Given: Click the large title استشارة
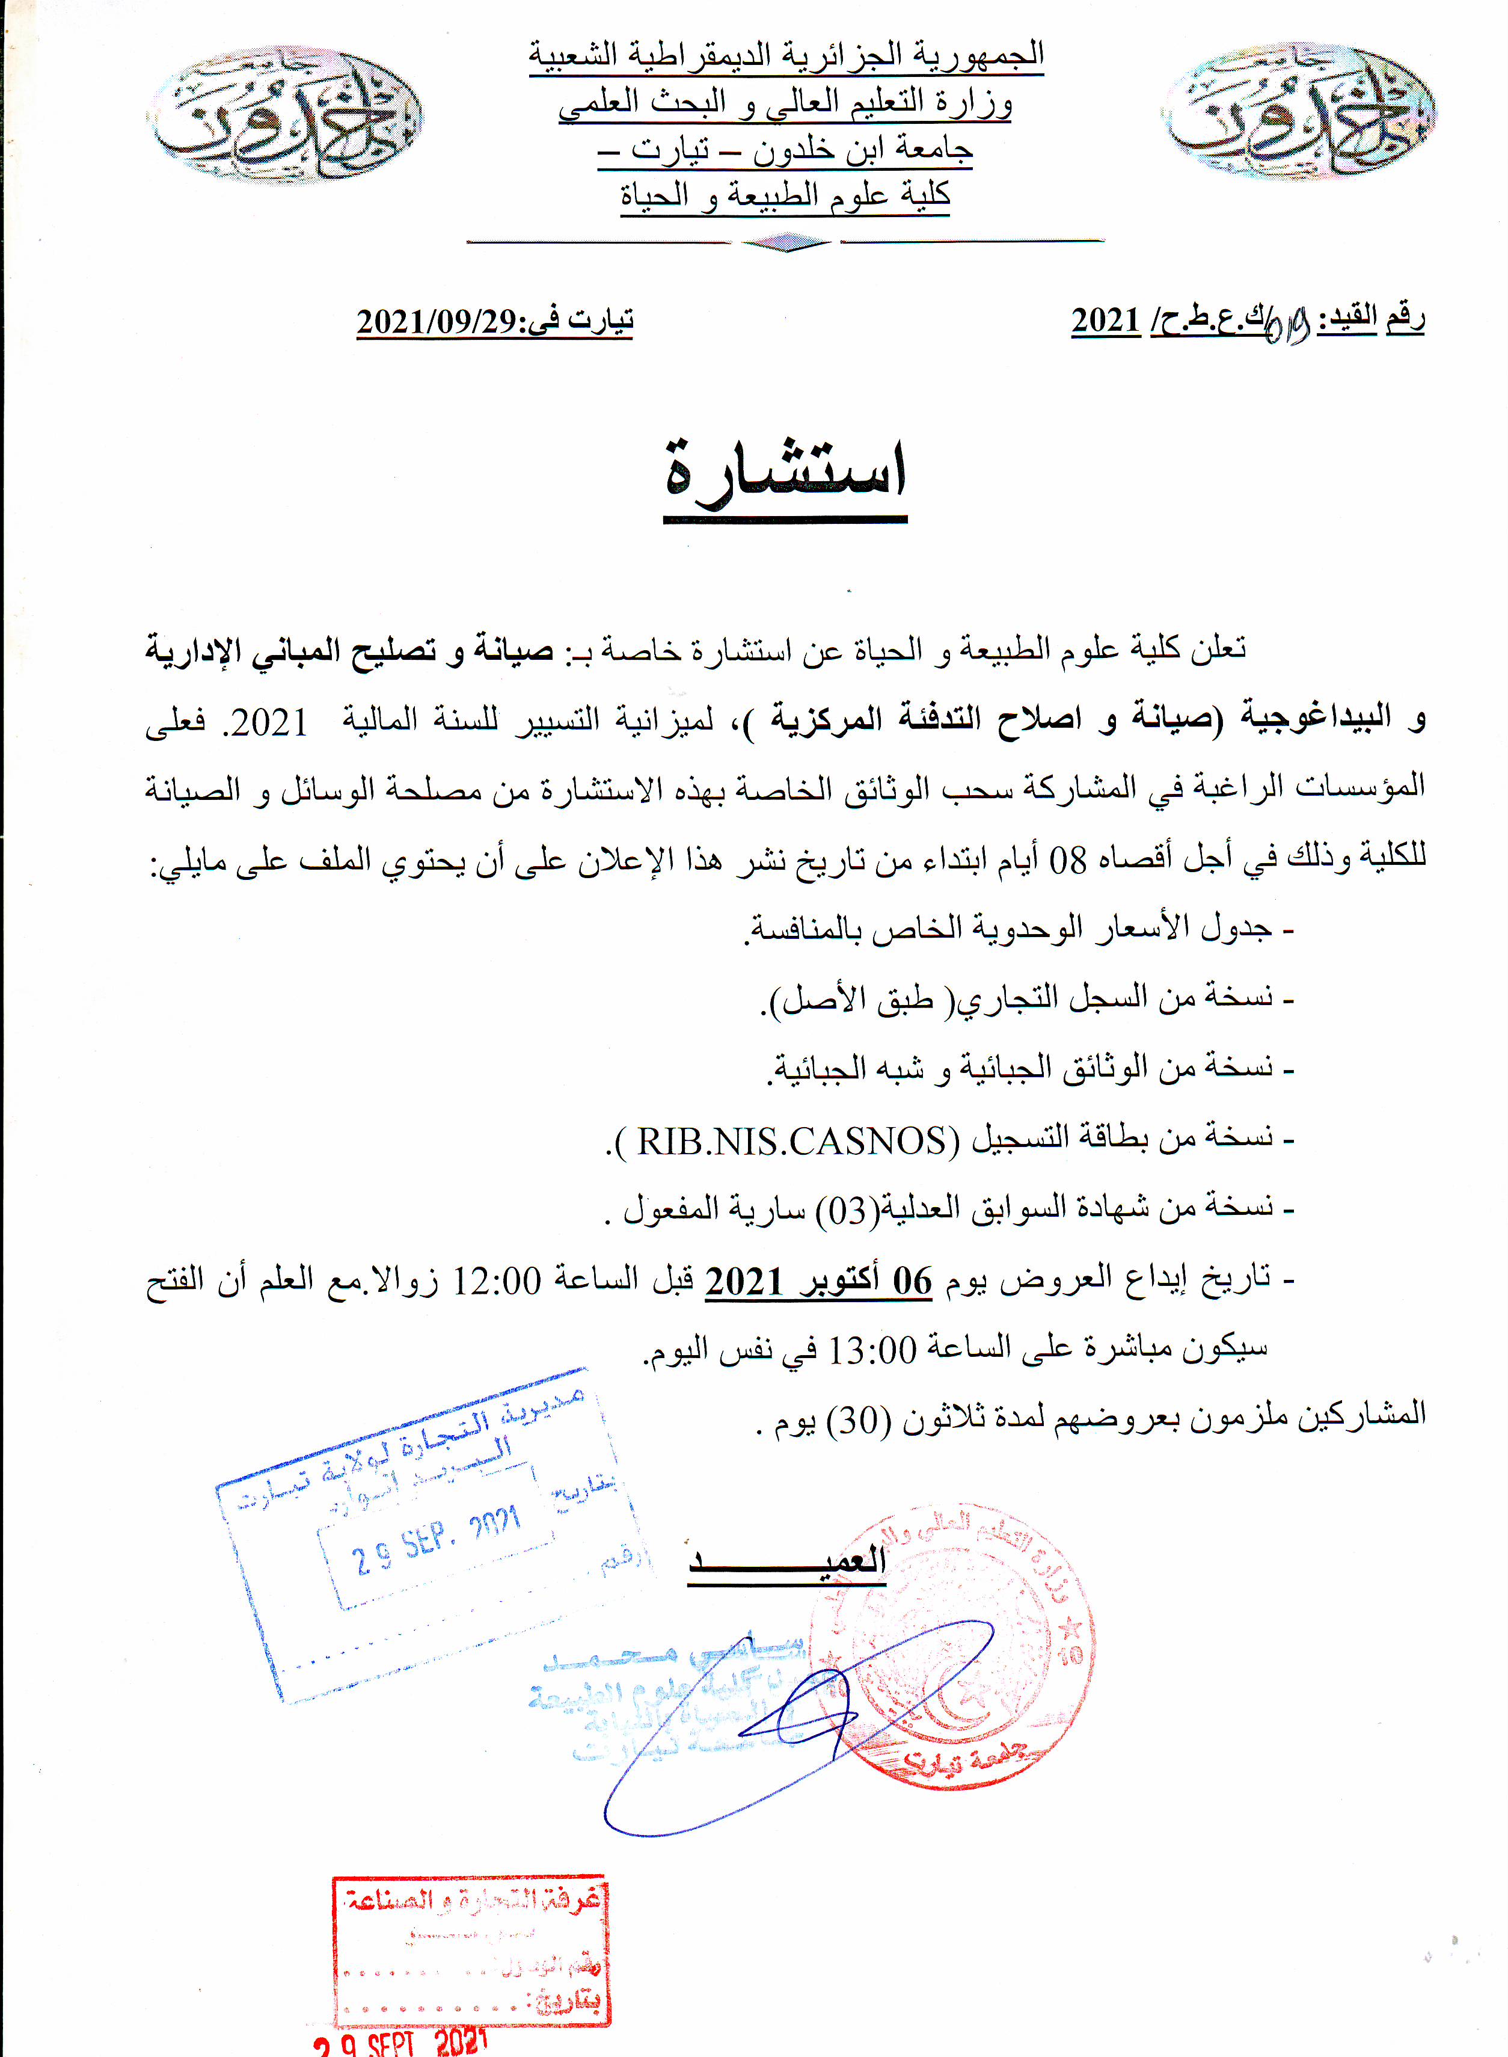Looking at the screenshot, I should tap(786, 475).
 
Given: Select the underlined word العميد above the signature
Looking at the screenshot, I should tap(787, 1560).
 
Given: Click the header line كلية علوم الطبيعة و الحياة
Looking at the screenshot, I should tap(785, 194).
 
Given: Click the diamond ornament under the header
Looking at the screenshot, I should tap(785, 242).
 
